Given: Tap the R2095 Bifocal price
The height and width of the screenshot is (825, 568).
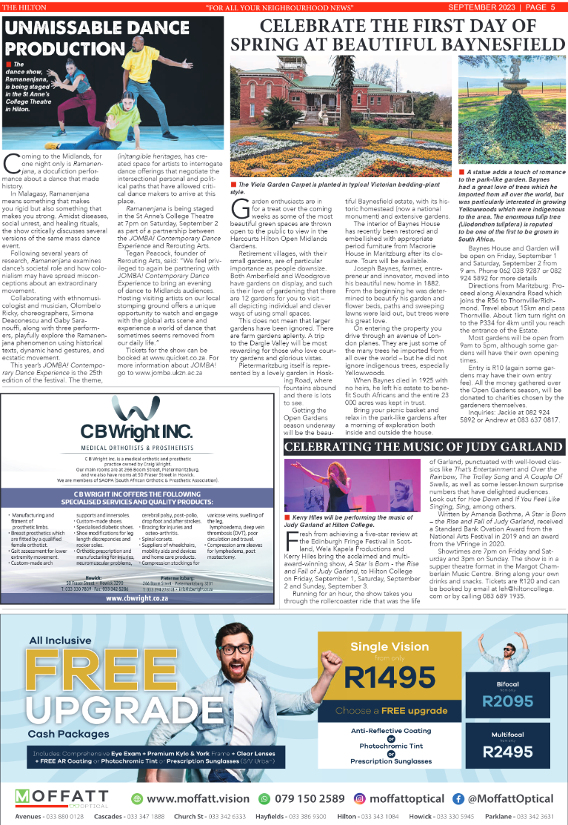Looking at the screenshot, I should (x=507, y=700).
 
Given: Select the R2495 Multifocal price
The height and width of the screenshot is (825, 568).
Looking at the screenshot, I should (x=507, y=752).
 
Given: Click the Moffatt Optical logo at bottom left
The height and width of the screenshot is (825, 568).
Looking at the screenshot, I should (x=60, y=798).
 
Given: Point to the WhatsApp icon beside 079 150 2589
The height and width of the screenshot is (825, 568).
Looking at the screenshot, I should (x=264, y=798).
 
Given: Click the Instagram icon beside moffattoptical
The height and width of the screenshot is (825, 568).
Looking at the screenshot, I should (x=360, y=798).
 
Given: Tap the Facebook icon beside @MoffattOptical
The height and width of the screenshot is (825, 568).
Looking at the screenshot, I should (x=458, y=798).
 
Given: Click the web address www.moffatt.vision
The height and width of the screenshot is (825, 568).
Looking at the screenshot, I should (x=198, y=798).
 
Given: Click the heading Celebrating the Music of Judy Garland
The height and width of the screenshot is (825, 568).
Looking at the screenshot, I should (x=424, y=447).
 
